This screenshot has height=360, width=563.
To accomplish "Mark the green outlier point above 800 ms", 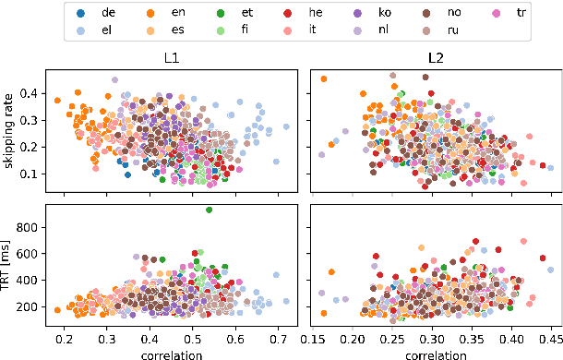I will click(210, 210).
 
